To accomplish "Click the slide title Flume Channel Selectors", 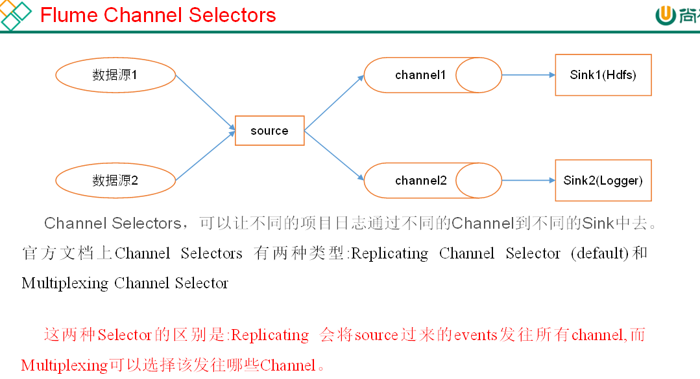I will point(158,15).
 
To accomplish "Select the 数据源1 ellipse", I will point(115,75).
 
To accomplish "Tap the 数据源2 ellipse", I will point(115,181).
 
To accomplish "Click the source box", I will point(269,131).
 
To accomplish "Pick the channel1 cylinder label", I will point(420,75).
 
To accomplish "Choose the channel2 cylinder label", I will point(420,181).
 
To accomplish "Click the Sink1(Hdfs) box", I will point(603,75).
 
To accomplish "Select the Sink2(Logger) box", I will point(603,181).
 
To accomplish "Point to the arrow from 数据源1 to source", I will point(205,102).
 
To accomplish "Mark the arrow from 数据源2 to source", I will point(205,156).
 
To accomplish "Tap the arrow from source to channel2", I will point(334,155).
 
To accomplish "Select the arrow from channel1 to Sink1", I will point(528,75).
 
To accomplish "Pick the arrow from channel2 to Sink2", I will point(528,181).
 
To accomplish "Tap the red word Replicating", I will point(270,335).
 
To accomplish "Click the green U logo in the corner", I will point(666,14).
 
